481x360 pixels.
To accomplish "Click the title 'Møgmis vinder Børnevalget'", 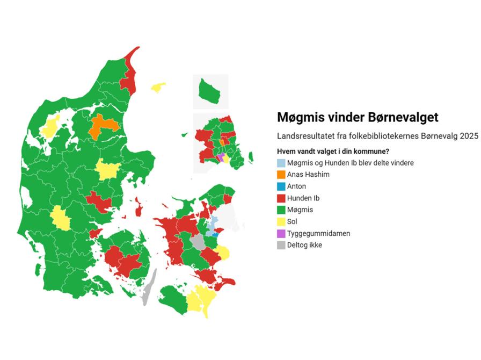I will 358,117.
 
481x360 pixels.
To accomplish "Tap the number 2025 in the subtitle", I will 469,136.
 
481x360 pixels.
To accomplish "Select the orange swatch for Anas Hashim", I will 281,175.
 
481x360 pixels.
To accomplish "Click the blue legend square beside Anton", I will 281,186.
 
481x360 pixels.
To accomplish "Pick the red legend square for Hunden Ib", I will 281,198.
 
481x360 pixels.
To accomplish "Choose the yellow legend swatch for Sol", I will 281,221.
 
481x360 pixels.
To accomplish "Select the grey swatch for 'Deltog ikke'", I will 281,245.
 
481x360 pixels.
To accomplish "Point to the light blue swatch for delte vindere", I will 281,163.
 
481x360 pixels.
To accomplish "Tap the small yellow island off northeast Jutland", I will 158,87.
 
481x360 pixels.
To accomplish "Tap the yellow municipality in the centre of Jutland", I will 108,170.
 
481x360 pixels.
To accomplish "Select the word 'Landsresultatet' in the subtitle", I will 302,136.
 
